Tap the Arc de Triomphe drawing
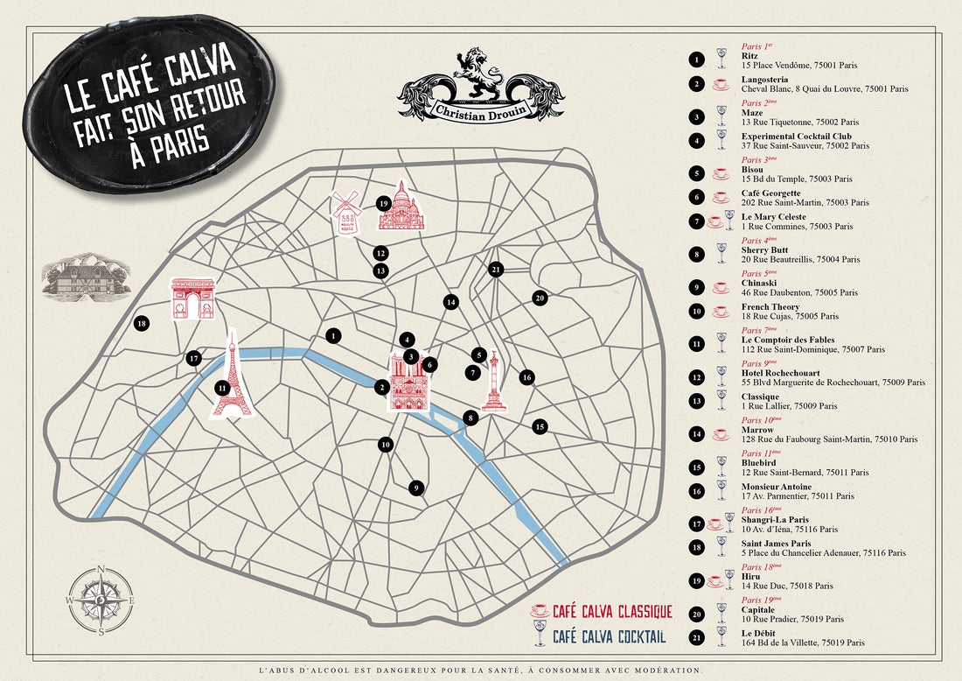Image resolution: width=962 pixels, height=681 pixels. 192,298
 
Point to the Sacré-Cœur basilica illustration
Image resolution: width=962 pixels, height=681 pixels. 401,208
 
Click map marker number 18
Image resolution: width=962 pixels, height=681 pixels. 142,324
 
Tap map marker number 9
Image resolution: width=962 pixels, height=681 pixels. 417,488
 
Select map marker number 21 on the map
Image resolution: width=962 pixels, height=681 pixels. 496,269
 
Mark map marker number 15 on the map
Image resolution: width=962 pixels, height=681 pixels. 540,426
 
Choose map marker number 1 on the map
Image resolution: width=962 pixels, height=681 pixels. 333,334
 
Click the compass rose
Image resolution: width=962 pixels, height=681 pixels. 101,600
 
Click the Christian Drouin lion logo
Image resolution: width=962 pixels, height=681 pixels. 481,86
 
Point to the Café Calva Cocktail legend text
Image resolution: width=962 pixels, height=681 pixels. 610,636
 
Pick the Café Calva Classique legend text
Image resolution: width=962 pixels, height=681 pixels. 612,611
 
